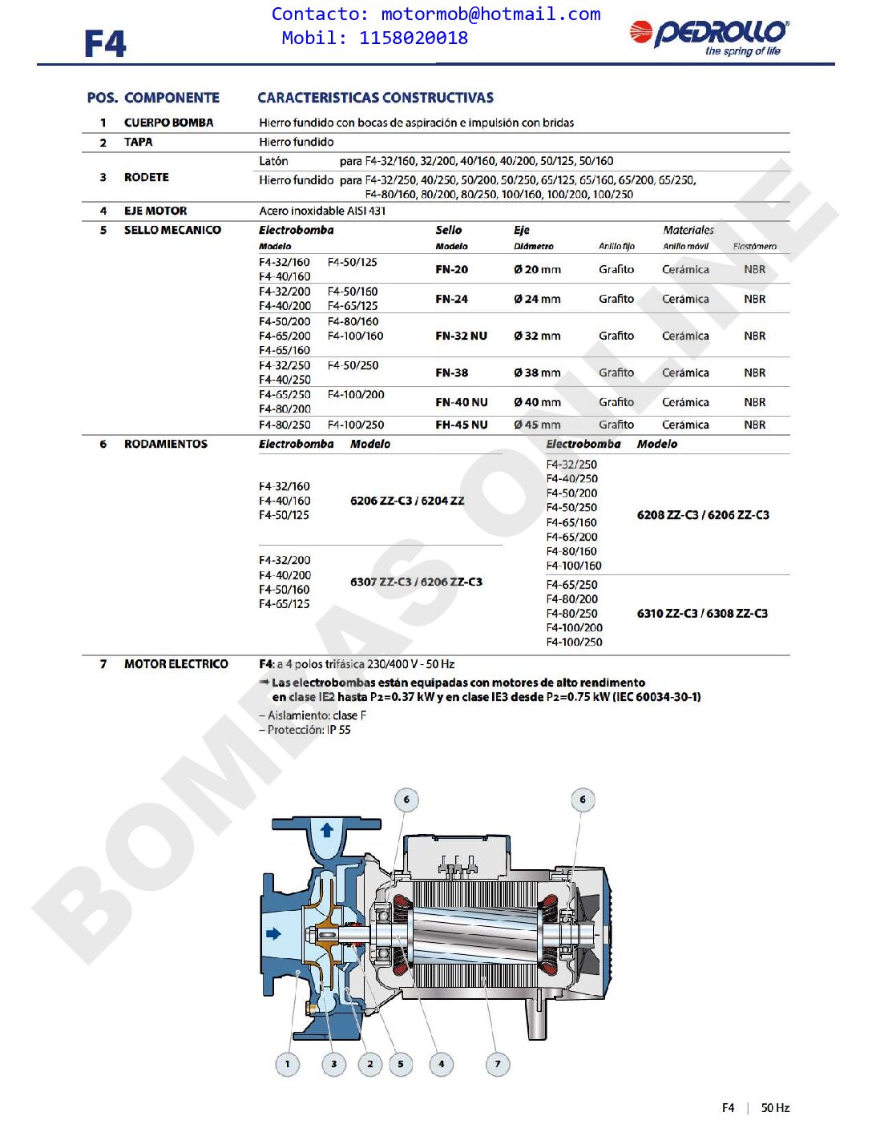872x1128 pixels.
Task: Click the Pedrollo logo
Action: (x=709, y=36)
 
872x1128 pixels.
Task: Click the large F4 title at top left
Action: (x=105, y=44)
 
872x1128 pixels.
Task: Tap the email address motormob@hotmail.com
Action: (x=490, y=14)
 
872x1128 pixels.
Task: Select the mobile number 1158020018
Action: (x=414, y=38)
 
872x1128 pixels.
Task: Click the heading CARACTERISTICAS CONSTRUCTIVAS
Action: (x=375, y=98)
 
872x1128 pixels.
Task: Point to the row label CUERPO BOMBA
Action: (x=168, y=123)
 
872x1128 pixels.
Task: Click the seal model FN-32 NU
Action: (x=461, y=336)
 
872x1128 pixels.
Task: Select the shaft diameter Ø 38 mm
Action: (x=537, y=373)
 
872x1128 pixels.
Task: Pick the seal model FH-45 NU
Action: (x=461, y=425)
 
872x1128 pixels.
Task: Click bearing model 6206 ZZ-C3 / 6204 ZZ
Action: (x=407, y=501)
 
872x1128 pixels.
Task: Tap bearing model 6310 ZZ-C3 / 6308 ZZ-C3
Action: (x=702, y=614)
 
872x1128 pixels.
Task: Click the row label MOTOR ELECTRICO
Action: (x=176, y=664)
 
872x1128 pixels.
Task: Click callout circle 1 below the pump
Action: (x=288, y=1064)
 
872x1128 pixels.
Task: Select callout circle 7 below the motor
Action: (x=498, y=1064)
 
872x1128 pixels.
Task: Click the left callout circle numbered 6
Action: (x=406, y=800)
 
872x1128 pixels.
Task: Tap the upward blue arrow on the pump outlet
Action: (x=327, y=830)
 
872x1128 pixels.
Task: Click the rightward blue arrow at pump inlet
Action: (x=274, y=933)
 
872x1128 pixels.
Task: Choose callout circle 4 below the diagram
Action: (x=441, y=1064)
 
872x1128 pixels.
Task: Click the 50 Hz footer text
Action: (x=775, y=1108)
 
